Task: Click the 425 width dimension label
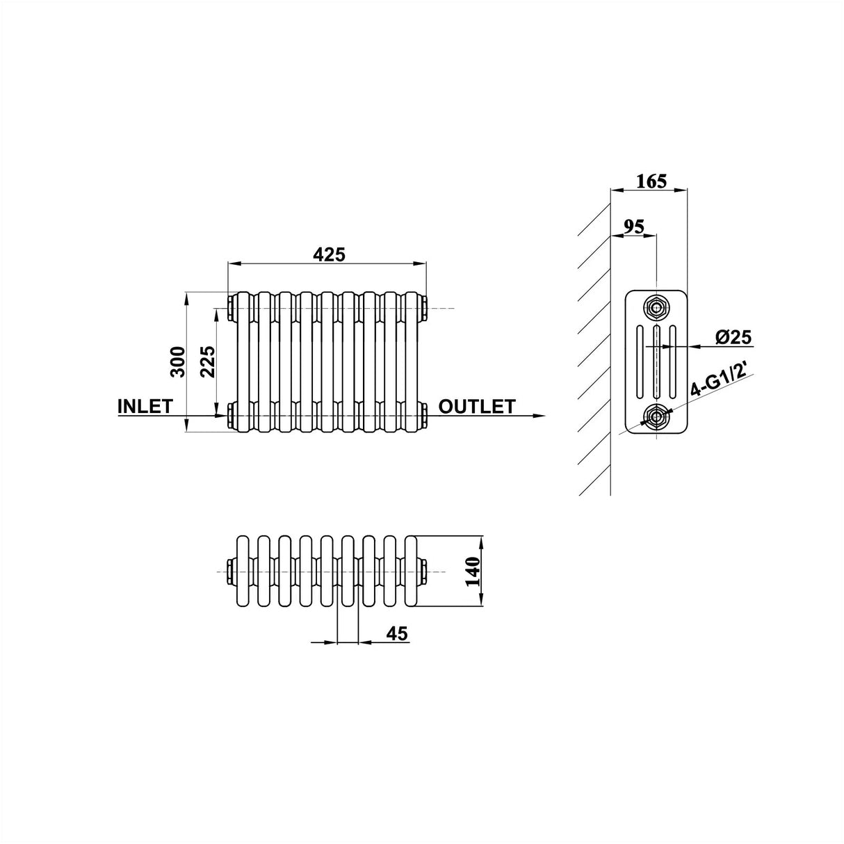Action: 328,254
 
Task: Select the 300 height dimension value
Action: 178,361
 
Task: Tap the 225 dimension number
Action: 208,361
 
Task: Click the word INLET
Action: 145,407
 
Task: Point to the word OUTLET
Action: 477,407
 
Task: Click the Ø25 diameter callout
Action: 733,338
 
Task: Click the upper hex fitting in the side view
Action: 655,306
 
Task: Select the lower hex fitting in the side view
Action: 655,416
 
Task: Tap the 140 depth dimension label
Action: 474,573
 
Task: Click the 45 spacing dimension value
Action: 396,633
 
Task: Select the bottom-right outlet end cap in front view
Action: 423,416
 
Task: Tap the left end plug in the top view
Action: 230,571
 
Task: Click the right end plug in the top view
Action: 423,571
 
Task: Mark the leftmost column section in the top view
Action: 243,571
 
